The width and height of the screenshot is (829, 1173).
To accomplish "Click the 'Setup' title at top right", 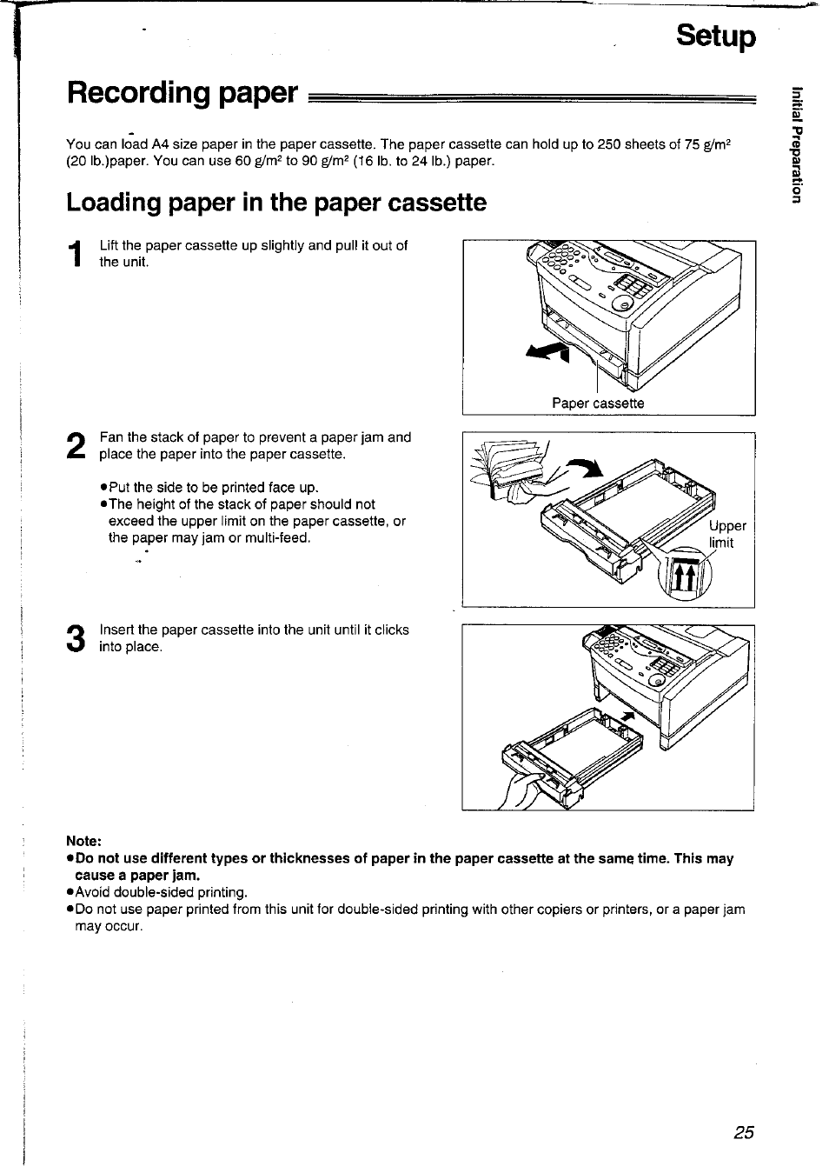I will [x=716, y=37].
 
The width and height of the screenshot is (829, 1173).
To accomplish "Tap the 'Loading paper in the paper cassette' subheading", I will [x=276, y=203].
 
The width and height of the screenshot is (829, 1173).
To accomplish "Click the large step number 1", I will [x=76, y=254].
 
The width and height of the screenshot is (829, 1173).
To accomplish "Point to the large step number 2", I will [x=76, y=446].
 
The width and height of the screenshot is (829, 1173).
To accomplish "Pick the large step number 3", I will [x=76, y=638].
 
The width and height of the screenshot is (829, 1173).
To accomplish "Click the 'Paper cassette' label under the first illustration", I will [x=598, y=403].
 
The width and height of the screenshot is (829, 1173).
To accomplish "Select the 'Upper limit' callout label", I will [x=727, y=535].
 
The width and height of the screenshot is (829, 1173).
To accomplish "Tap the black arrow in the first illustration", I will [x=547, y=350].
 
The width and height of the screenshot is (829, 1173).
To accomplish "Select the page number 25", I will [x=743, y=1132].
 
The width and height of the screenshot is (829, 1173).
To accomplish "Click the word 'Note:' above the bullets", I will [x=84, y=841].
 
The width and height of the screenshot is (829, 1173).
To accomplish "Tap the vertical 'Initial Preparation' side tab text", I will [x=793, y=144].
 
